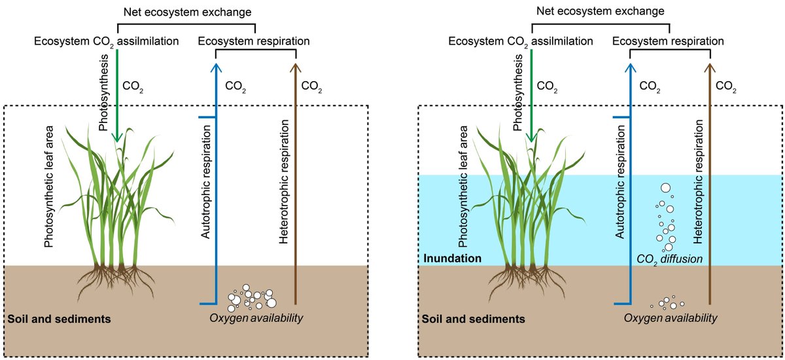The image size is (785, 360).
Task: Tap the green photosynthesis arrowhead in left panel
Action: coord(117,137)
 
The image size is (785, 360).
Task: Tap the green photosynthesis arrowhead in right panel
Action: coord(532,137)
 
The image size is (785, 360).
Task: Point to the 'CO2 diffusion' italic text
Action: coord(669,259)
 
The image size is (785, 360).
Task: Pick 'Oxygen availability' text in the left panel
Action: coord(256,319)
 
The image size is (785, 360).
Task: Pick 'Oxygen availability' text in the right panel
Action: coord(671,317)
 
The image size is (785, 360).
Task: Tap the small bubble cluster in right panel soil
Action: coord(668,303)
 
